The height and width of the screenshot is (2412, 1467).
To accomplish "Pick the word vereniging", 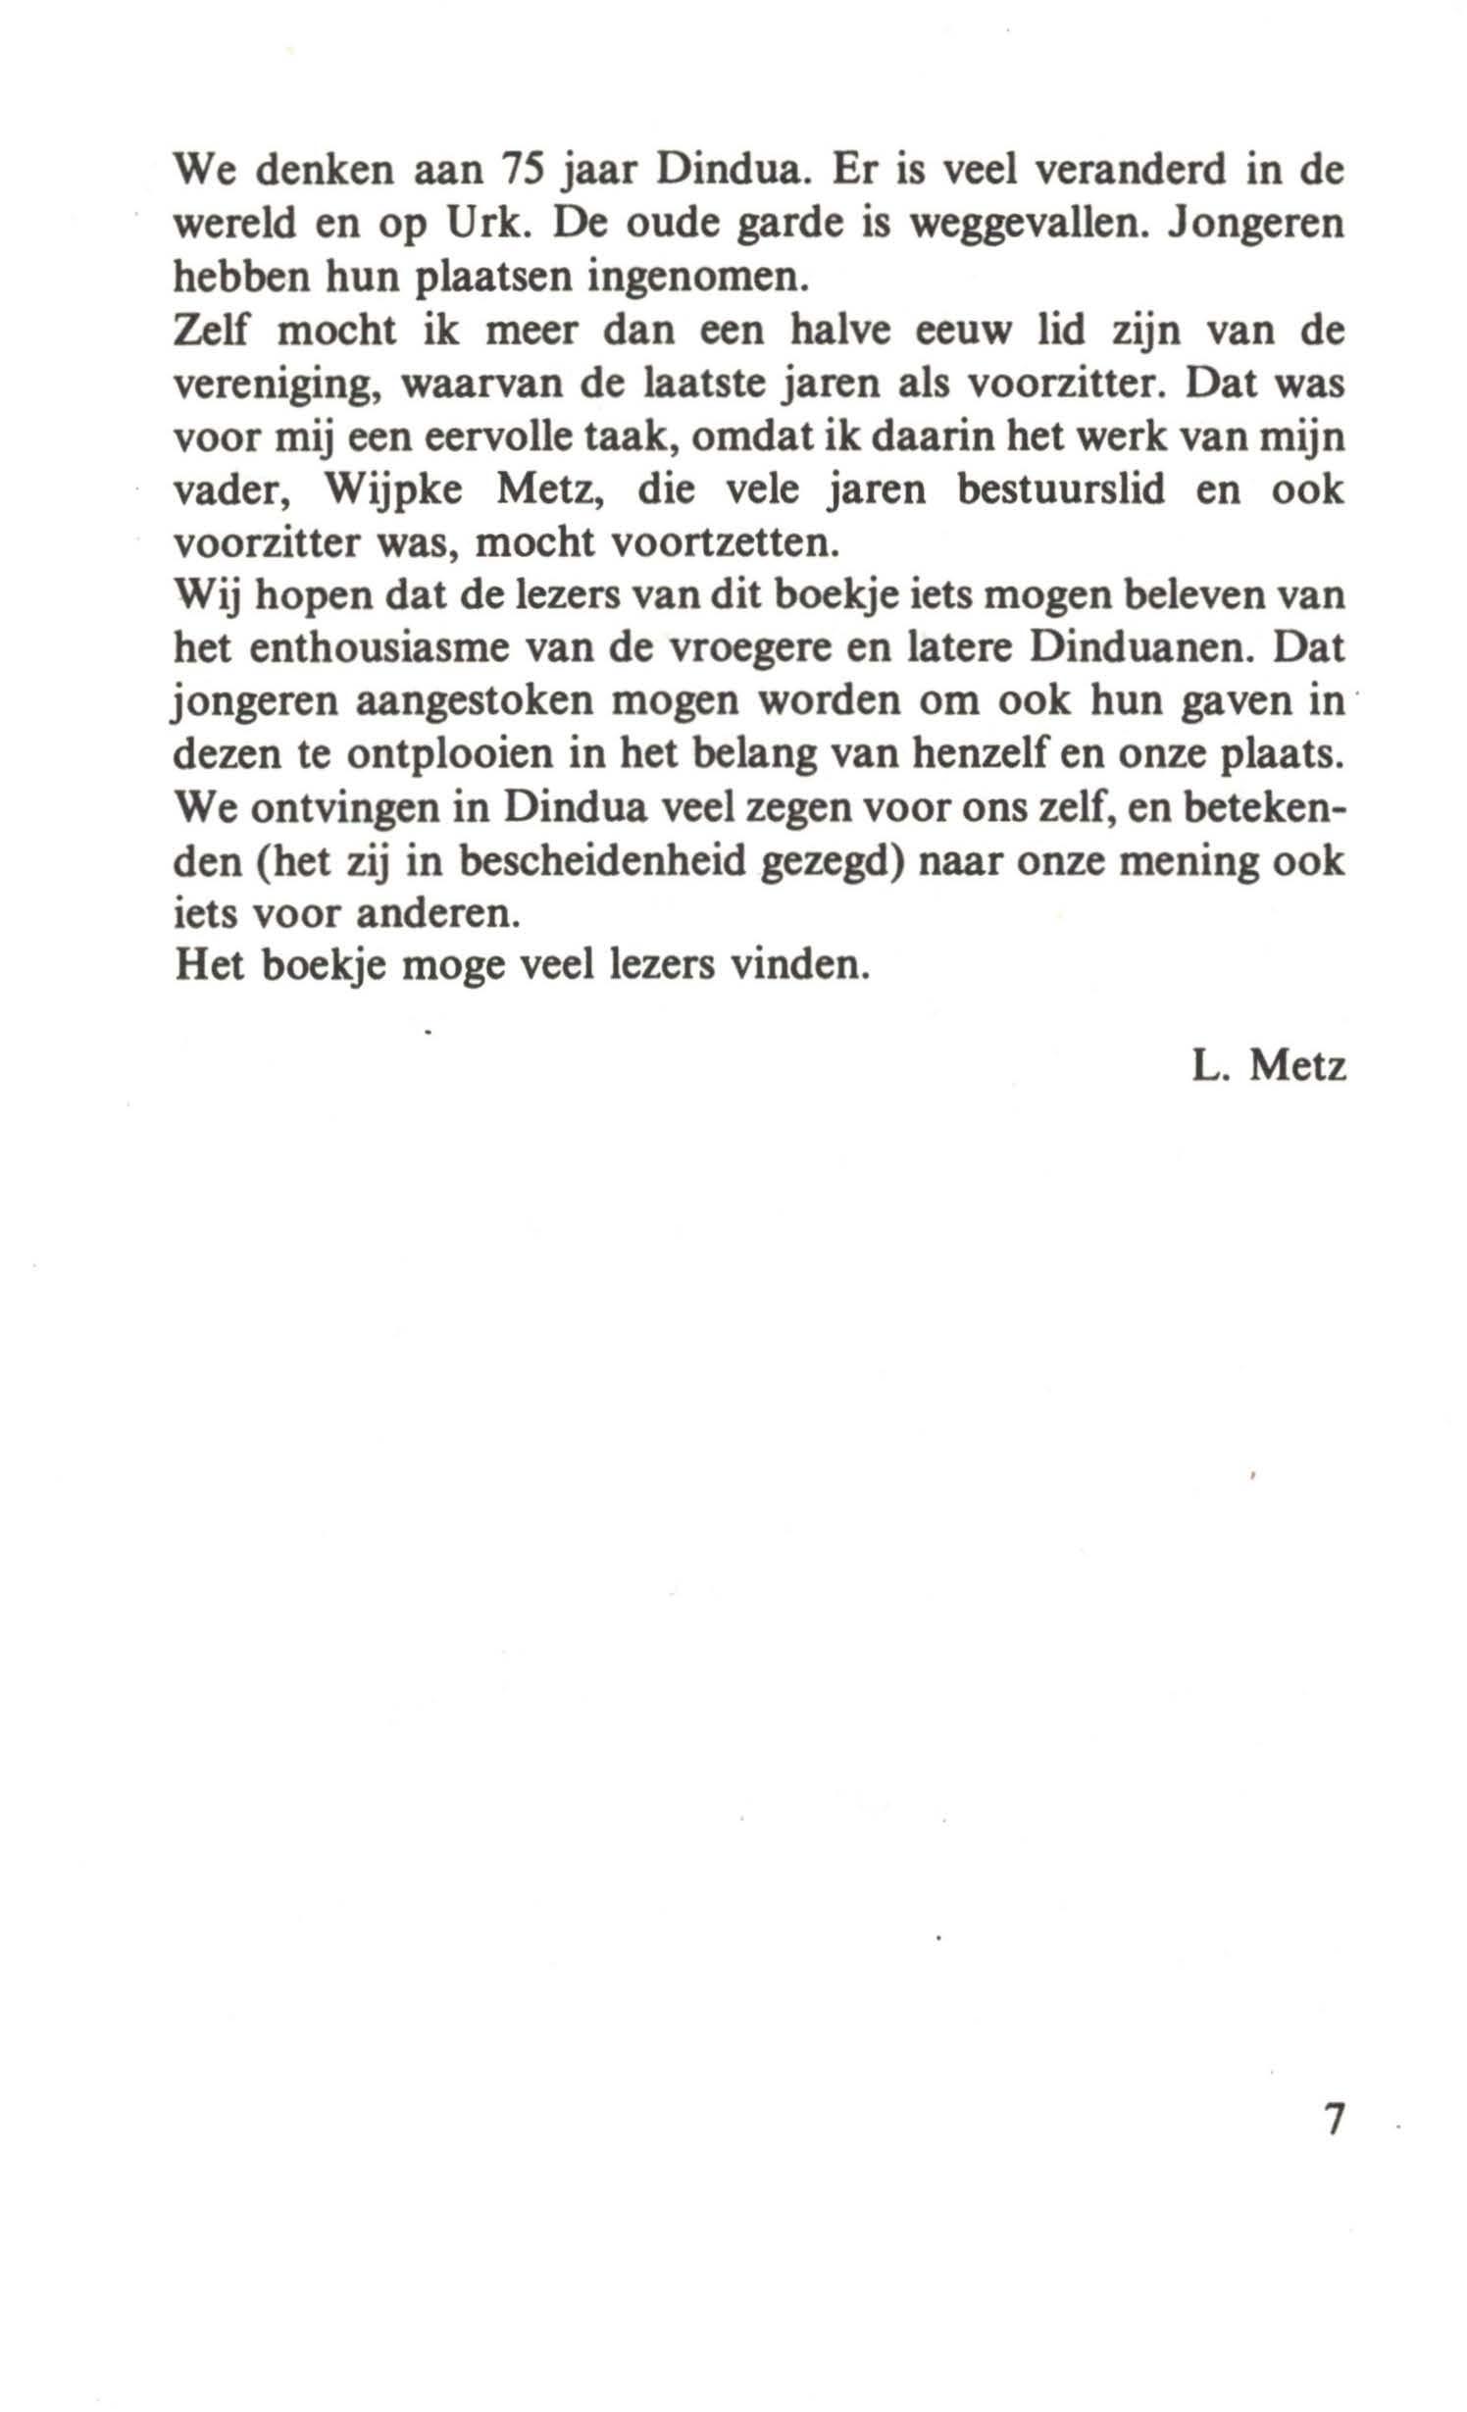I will [278, 386].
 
